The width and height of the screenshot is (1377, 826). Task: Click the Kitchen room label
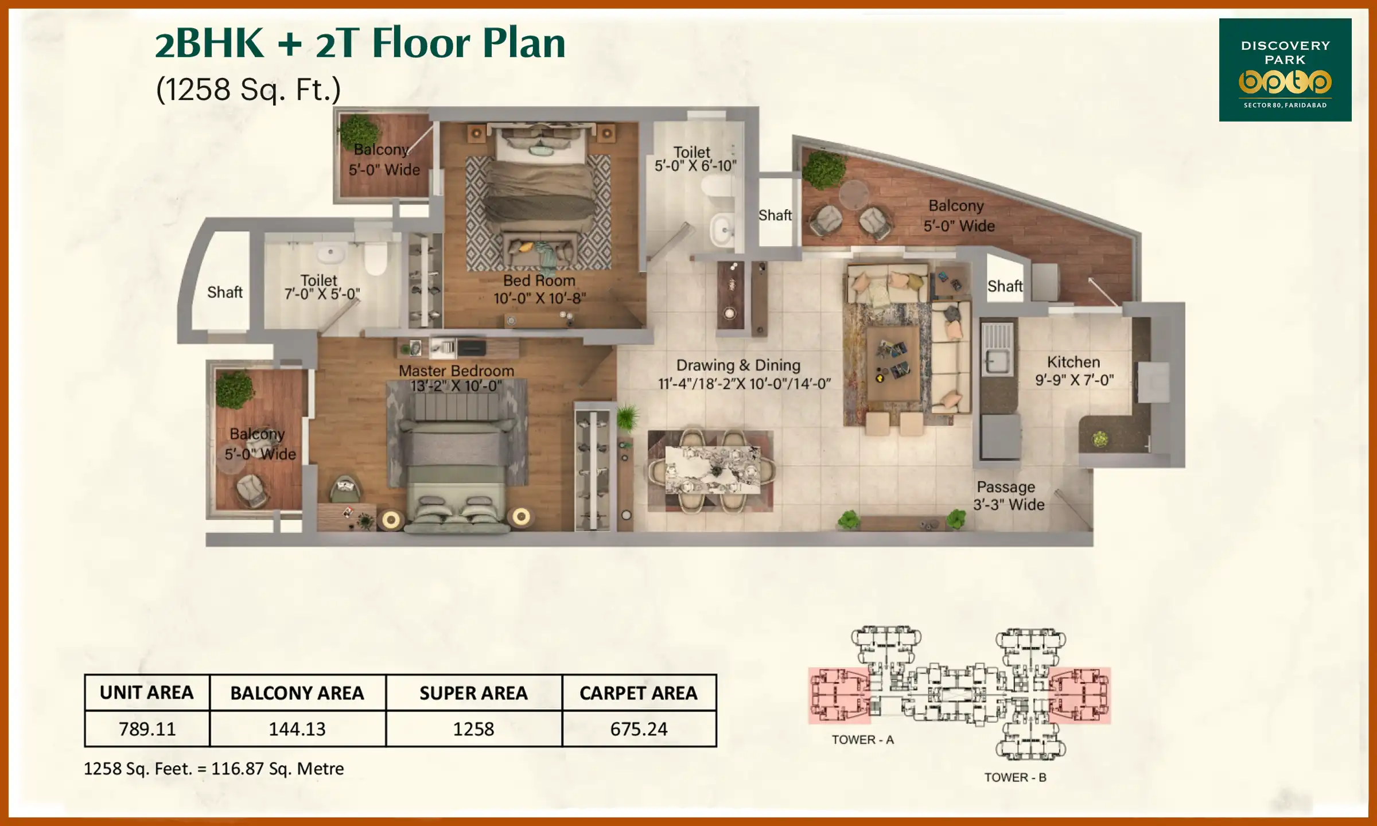point(1073,363)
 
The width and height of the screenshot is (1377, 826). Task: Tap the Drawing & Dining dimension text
point(744,384)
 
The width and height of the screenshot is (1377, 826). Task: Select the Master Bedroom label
point(456,371)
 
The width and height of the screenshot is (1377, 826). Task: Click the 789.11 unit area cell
point(147,728)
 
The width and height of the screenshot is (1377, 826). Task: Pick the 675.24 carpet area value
point(639,728)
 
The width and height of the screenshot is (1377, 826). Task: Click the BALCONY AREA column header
point(297,693)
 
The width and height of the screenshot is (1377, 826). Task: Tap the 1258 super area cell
point(473,728)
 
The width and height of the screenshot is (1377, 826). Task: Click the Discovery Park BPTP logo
point(1285,70)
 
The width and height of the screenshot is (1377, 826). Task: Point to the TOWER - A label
point(862,740)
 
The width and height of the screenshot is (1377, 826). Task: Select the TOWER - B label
point(1015,777)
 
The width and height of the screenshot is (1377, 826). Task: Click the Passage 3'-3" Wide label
point(1008,496)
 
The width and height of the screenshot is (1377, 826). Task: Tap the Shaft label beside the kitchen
point(1005,286)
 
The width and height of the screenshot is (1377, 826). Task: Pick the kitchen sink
point(997,361)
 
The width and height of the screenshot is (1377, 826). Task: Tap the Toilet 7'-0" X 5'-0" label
point(321,287)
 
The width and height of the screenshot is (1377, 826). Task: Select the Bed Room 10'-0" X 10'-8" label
point(539,289)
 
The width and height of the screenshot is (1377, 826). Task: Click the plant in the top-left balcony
point(359,132)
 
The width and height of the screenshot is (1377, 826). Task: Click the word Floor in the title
point(422,44)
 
